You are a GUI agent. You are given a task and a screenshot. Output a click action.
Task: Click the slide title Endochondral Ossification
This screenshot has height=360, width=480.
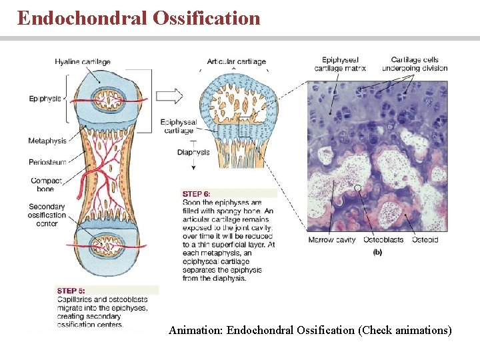[x=139, y=18]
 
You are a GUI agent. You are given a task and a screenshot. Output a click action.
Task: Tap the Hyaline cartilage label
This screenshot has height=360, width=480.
[x=83, y=62]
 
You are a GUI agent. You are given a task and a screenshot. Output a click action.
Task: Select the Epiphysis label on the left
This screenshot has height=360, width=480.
[x=45, y=99]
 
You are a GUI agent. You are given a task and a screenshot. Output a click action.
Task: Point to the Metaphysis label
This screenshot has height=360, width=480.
[x=47, y=141]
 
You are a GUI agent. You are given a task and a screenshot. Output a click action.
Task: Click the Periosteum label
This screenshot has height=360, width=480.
[x=47, y=162]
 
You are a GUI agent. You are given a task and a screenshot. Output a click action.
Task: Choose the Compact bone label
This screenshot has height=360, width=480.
[x=46, y=185]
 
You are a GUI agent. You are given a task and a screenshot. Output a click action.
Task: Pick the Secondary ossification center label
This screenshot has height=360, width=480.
[x=47, y=215]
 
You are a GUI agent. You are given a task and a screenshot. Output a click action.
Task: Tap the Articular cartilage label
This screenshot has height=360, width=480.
[x=236, y=61]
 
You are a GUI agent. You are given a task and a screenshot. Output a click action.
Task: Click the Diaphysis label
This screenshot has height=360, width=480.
[x=193, y=152]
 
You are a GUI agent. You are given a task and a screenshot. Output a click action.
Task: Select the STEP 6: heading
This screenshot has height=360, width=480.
[x=197, y=193]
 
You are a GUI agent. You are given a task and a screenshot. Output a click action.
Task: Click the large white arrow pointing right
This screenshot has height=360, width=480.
[x=169, y=96]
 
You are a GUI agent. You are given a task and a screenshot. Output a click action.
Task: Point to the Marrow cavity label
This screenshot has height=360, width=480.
[x=331, y=240]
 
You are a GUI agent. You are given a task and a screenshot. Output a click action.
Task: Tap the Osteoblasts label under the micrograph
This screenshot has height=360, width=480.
[x=383, y=240]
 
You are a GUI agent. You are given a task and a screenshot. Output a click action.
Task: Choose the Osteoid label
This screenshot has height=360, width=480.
[x=425, y=240]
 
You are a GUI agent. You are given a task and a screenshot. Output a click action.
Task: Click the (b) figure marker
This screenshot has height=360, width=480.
[x=377, y=252]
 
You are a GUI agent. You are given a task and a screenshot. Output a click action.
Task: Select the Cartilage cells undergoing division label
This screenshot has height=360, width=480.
[x=415, y=64]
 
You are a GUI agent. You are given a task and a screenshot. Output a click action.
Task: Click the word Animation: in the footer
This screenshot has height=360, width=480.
[x=196, y=330]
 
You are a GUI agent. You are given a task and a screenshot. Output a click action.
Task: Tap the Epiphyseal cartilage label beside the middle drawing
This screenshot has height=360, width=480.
[x=179, y=127]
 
